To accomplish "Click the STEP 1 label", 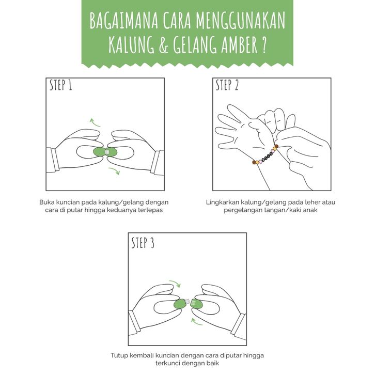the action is (61, 85).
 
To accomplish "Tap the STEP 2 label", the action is (227, 85).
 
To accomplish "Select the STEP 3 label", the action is (143, 243).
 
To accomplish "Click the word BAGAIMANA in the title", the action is (124, 21).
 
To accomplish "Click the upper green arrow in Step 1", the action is (95, 122).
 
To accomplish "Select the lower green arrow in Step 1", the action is (114, 171).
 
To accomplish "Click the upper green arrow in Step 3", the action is (175, 283).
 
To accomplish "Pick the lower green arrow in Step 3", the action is (197, 322).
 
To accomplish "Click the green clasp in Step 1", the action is (105, 152).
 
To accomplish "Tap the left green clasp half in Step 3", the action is (180, 304).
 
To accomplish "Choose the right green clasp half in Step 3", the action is (196, 304).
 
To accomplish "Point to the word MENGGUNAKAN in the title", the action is (241, 21).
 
